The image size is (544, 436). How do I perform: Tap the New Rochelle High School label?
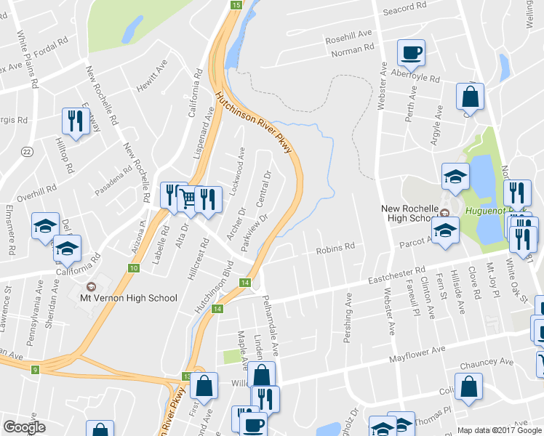411,213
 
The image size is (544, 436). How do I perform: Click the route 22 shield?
27,151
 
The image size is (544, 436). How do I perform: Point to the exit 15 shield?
236,5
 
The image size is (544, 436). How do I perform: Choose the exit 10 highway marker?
134,269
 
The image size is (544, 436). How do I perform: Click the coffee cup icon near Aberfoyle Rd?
411,52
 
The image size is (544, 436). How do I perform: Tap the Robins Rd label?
335,249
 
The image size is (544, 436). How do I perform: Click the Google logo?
25,427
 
